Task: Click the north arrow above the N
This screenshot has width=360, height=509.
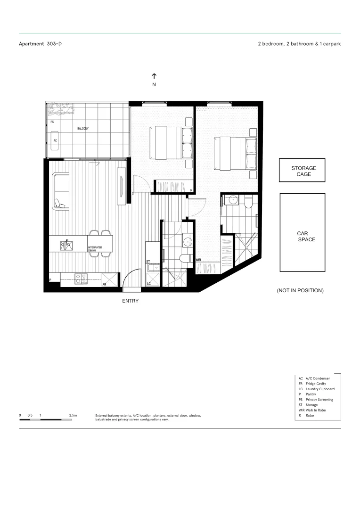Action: coord(154,76)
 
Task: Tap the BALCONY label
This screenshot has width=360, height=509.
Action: coord(82,128)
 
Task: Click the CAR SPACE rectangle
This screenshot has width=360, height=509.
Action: coord(303,233)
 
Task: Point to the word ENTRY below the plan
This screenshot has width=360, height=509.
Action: coord(131,301)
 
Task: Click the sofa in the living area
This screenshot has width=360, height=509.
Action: coord(61,191)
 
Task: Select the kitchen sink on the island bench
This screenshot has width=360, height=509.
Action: coord(66,245)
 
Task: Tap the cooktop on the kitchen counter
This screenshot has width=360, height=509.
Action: coord(81,279)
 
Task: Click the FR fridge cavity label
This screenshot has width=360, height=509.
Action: coord(105,284)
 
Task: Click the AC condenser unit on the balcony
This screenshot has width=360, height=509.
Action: coord(56,140)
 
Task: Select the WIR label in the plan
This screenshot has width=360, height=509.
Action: coord(198,260)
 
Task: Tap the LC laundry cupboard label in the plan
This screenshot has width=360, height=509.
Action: coord(149,284)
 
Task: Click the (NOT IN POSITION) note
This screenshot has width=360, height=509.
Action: coord(300,291)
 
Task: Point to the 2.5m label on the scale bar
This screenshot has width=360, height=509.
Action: coord(73,415)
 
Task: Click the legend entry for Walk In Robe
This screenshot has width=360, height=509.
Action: coord(316,410)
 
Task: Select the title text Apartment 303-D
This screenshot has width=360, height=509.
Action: coord(40,44)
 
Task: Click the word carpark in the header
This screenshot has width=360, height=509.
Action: coord(331,44)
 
